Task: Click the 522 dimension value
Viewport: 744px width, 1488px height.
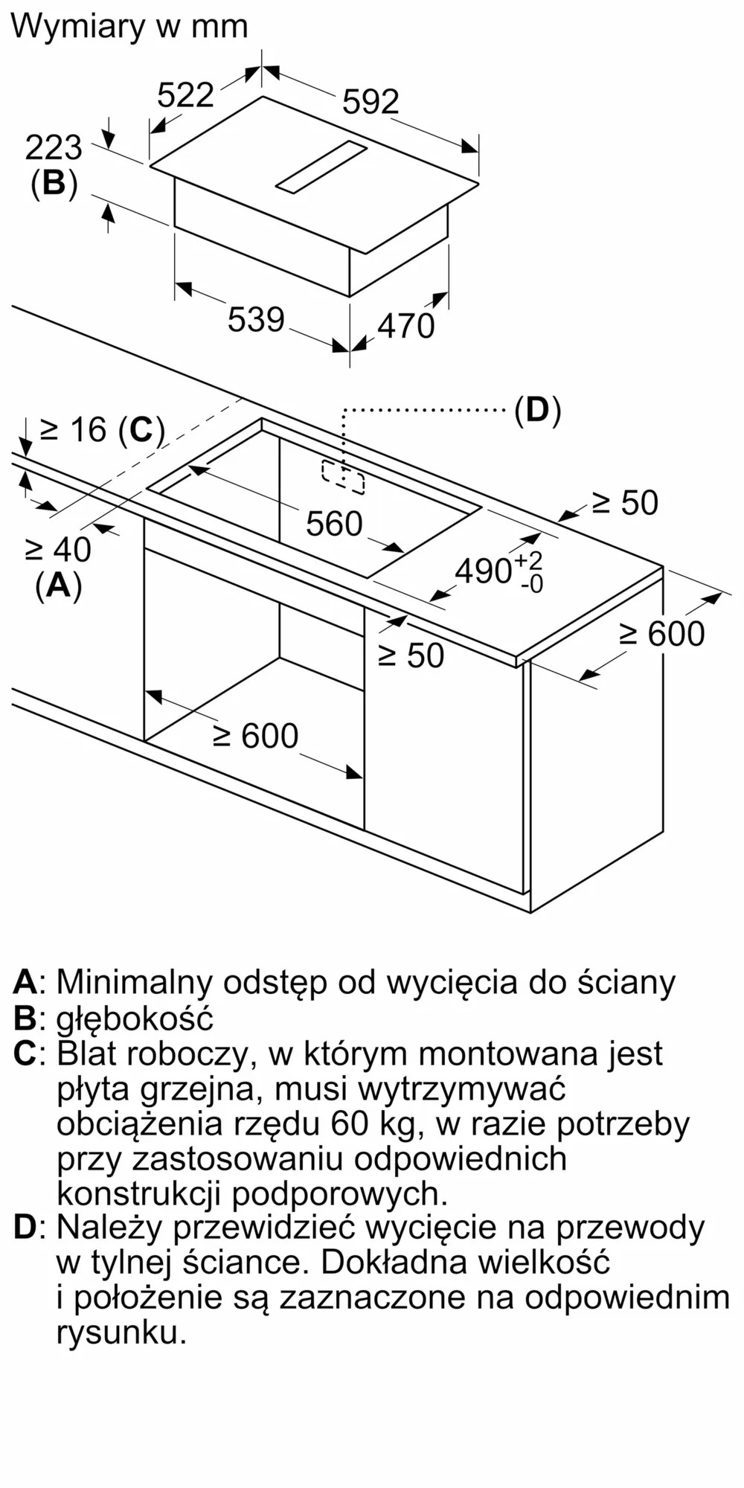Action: pos(185,95)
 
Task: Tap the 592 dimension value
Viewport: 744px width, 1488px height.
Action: pos(371,102)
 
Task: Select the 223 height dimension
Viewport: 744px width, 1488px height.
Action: pos(54,148)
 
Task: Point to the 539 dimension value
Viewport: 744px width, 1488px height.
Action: pos(256,320)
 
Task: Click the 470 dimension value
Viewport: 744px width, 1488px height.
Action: pos(405,326)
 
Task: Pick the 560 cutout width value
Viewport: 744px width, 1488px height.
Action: pos(334,525)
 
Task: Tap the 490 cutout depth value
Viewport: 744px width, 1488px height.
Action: pos(484,571)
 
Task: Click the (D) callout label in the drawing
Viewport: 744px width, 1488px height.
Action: pos(537,410)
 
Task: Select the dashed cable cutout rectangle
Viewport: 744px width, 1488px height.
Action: pos(343,477)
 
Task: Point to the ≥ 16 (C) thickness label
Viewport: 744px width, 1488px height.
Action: pos(102,430)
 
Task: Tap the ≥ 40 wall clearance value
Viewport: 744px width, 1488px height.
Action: pos(58,551)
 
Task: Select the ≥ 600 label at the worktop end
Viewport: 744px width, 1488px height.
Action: pos(661,635)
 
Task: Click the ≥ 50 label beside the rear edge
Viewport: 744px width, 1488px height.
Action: pos(625,504)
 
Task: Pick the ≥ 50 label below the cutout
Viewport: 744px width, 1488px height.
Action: pos(411,655)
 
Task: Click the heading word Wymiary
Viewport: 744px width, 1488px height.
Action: pos(78,27)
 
